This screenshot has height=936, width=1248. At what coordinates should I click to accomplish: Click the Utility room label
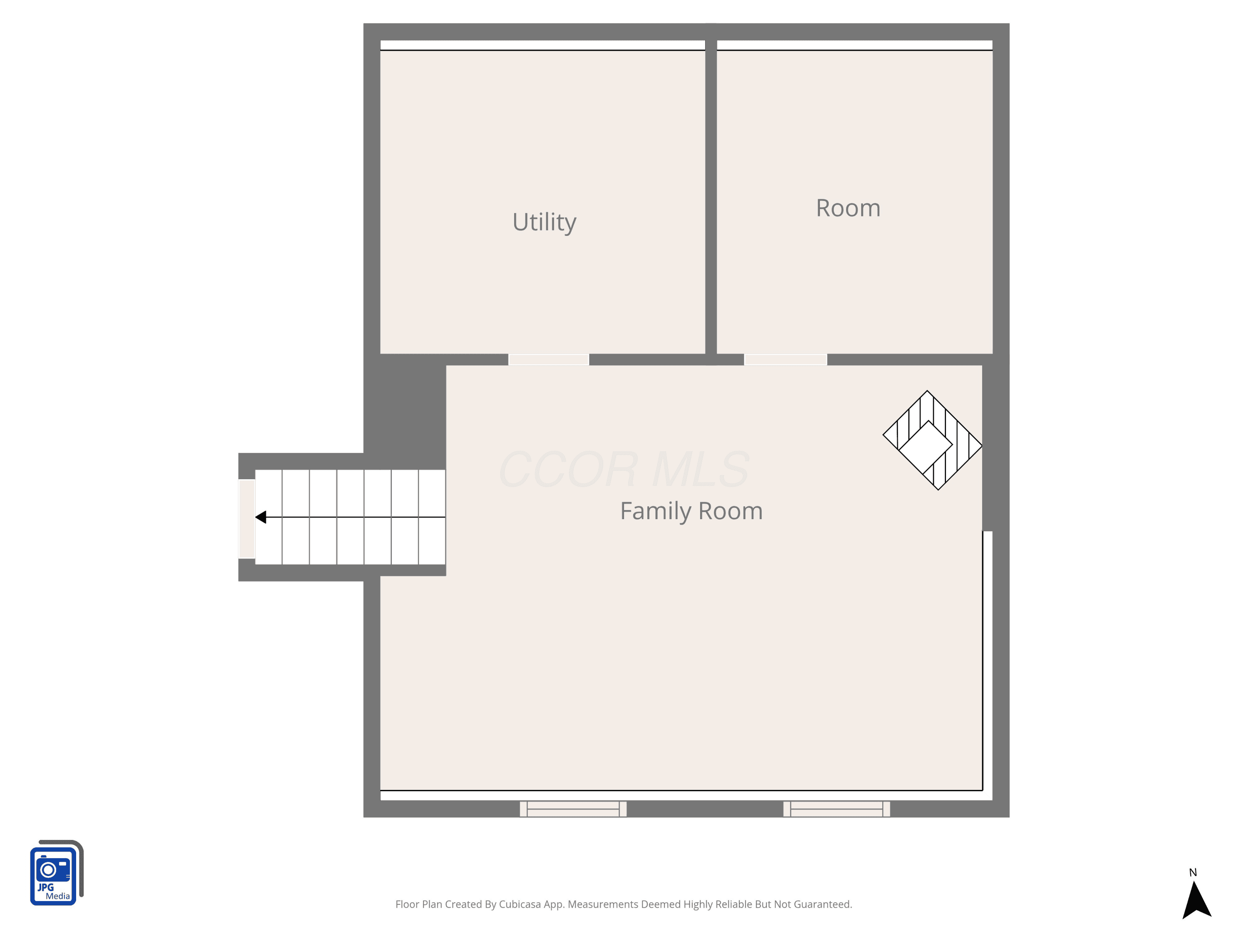point(545,222)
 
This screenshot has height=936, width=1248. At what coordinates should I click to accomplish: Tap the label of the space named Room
point(848,208)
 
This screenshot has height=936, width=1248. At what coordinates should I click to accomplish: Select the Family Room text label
point(691,511)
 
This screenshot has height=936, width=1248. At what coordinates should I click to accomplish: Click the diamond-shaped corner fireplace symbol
point(933,440)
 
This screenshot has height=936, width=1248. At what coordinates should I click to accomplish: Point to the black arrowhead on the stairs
point(261,517)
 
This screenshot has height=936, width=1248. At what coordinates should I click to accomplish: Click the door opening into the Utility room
point(548,359)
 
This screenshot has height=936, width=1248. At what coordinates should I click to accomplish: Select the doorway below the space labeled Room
point(785,359)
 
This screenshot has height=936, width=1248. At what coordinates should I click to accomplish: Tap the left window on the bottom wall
point(573,808)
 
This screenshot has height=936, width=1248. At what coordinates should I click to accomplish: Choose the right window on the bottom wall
point(837,808)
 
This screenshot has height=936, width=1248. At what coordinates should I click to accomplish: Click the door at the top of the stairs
point(247,518)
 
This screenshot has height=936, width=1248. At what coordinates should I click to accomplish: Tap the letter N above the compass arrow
point(1193,872)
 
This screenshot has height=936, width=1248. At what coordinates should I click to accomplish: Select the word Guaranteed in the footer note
point(822,904)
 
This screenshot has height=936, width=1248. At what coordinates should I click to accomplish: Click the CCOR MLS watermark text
point(624,469)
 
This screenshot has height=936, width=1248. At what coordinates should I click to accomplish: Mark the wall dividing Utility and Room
point(711,195)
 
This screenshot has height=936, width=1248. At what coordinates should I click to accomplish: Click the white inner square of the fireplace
point(925,447)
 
